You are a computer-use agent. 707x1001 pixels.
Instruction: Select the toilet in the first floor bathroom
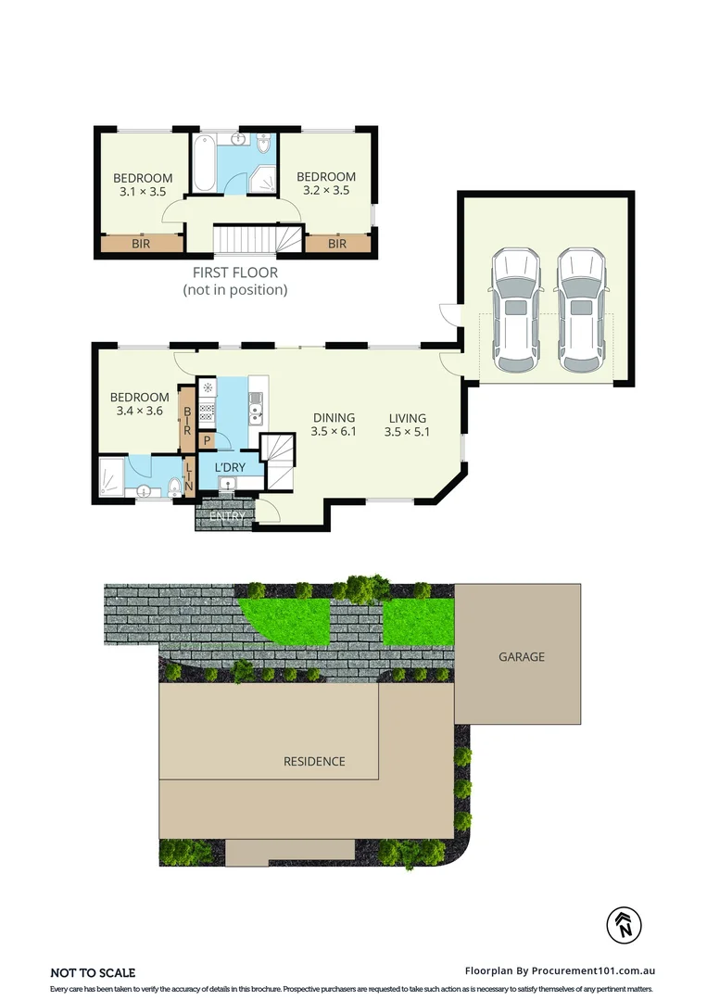point(263,145)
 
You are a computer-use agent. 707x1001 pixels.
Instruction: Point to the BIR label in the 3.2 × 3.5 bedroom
point(337,244)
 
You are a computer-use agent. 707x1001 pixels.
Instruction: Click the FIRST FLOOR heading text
point(234,272)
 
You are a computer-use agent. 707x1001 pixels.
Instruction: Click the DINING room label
point(334,417)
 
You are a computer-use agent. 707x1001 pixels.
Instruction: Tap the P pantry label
point(207,440)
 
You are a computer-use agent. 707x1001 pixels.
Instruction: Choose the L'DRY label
point(230,467)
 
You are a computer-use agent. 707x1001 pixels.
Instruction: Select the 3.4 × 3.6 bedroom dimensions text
point(142,412)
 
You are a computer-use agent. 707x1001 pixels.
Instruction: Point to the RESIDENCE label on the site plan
point(314,761)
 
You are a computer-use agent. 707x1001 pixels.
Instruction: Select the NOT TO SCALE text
point(93,972)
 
